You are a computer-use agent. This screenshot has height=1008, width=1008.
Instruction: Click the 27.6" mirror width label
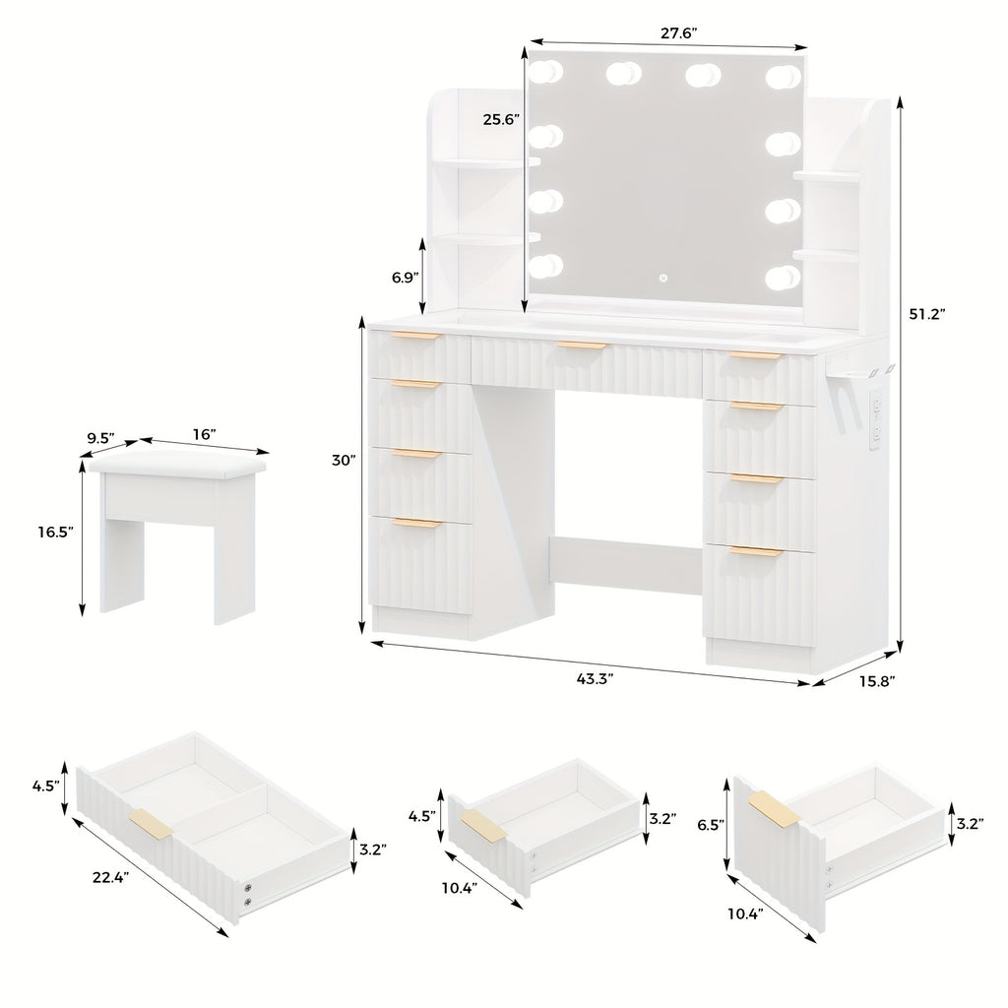[679, 33]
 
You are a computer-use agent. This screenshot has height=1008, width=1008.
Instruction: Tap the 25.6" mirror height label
[501, 119]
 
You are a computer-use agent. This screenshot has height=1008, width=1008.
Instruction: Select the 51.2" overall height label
[926, 314]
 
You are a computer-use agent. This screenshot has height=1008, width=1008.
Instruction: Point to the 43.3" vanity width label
[595, 679]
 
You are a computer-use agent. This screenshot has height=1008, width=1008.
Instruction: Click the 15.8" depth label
[877, 681]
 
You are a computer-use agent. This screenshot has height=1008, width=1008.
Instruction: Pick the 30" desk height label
[344, 461]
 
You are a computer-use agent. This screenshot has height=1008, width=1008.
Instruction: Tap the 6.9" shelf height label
[406, 277]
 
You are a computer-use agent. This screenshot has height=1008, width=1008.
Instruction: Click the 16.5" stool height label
[55, 532]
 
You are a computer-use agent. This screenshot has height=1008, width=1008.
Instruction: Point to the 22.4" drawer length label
[110, 876]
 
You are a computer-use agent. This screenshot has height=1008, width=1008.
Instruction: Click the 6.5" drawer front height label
[712, 824]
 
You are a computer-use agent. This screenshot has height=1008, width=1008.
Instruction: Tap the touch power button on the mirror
[662, 279]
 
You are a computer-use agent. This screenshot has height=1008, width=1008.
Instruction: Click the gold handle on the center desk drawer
[582, 346]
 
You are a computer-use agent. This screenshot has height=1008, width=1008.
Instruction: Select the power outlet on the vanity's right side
[874, 421]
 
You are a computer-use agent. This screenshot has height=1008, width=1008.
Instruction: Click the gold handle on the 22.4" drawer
[151, 824]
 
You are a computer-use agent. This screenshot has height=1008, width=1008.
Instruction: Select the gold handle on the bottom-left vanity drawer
[417, 523]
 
